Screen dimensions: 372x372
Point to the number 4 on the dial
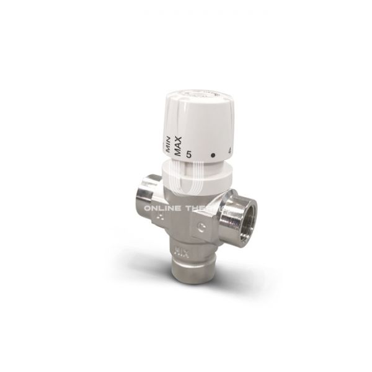[x=231, y=149]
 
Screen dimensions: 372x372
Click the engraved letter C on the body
[x=203, y=226]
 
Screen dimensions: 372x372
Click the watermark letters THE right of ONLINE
[x=203, y=209]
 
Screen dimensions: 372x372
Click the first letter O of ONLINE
[x=148, y=209]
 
